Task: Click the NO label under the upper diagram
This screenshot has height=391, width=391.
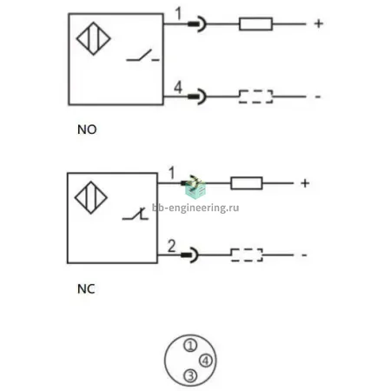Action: pyautogui.click(x=87, y=129)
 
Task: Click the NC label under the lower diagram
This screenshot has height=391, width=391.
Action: pyautogui.click(x=86, y=289)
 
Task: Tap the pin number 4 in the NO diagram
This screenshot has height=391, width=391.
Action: pyautogui.click(x=178, y=87)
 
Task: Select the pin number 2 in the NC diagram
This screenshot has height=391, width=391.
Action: pyautogui.click(x=171, y=246)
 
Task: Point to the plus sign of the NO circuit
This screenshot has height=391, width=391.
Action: pyautogui.click(x=319, y=23)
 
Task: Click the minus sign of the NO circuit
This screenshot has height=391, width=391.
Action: pyautogui.click(x=318, y=96)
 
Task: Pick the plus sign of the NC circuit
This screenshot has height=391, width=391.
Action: pyautogui.click(x=305, y=183)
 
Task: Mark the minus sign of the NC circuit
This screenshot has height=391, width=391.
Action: pyautogui.click(x=304, y=255)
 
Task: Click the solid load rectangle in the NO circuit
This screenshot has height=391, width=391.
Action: pyautogui.click(x=255, y=23)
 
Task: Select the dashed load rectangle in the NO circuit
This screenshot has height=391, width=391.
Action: pyautogui.click(x=255, y=96)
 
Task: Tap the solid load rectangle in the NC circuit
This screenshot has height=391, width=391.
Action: pyautogui.click(x=247, y=183)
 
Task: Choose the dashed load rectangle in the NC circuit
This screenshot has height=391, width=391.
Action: pyautogui.click(x=247, y=255)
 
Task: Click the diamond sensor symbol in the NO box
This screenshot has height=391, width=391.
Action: pyautogui.click(x=94, y=38)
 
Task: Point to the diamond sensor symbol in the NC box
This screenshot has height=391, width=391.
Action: pyautogui.click(x=91, y=198)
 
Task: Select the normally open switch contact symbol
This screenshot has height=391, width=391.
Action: pyautogui.click(x=142, y=56)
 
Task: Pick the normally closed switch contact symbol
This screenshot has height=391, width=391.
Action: pyautogui.click(x=136, y=214)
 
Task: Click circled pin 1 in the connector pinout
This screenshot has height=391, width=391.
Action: pyautogui.click(x=190, y=345)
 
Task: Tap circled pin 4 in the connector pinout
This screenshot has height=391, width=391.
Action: pyautogui.click(x=206, y=361)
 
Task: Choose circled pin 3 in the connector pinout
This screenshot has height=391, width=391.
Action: pyautogui.click(x=190, y=376)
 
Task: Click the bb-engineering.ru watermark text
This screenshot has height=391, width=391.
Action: pyautogui.click(x=195, y=208)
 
